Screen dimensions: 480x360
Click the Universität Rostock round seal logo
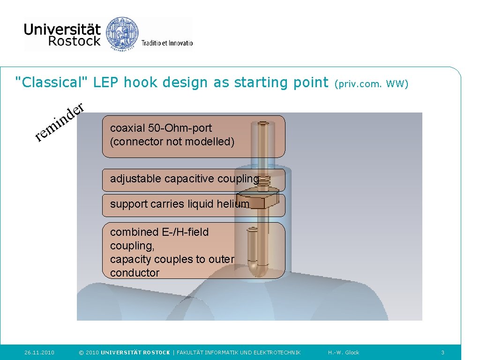123,33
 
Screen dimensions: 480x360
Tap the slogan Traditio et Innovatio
167,43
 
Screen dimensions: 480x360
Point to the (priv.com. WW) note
372,84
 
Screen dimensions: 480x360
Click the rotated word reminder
60,121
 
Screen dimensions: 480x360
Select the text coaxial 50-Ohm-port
161,128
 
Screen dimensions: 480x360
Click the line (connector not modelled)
172,142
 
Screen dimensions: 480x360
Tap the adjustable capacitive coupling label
184,179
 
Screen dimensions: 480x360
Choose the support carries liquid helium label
180,204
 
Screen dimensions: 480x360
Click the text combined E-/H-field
159,232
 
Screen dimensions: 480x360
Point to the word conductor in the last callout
135,273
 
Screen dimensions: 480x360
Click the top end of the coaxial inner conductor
263,125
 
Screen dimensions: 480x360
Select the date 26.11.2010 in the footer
39,352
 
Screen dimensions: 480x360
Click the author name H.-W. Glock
344,352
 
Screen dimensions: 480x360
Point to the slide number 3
442,352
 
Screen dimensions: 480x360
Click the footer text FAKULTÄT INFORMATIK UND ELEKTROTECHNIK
239,352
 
